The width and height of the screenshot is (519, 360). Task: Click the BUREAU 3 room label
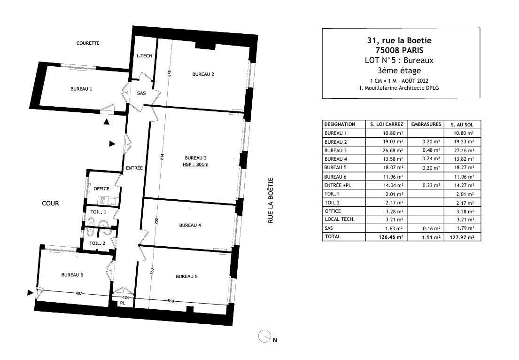point(195,157)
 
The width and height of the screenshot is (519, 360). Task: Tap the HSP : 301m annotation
point(195,164)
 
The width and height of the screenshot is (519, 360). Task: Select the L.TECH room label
point(144,56)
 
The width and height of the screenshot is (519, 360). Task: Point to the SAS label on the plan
point(141,93)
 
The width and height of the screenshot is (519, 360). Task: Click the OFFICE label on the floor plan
point(101,189)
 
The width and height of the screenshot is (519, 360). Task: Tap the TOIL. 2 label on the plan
point(97,243)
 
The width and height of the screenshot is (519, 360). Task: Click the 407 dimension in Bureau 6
point(79,293)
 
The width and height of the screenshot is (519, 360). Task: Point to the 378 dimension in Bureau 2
point(169,74)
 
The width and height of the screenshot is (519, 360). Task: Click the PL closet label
point(122,303)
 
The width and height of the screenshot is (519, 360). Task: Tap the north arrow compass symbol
point(265,337)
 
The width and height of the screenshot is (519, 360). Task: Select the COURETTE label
point(88,43)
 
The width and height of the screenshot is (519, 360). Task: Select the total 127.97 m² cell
point(462,237)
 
